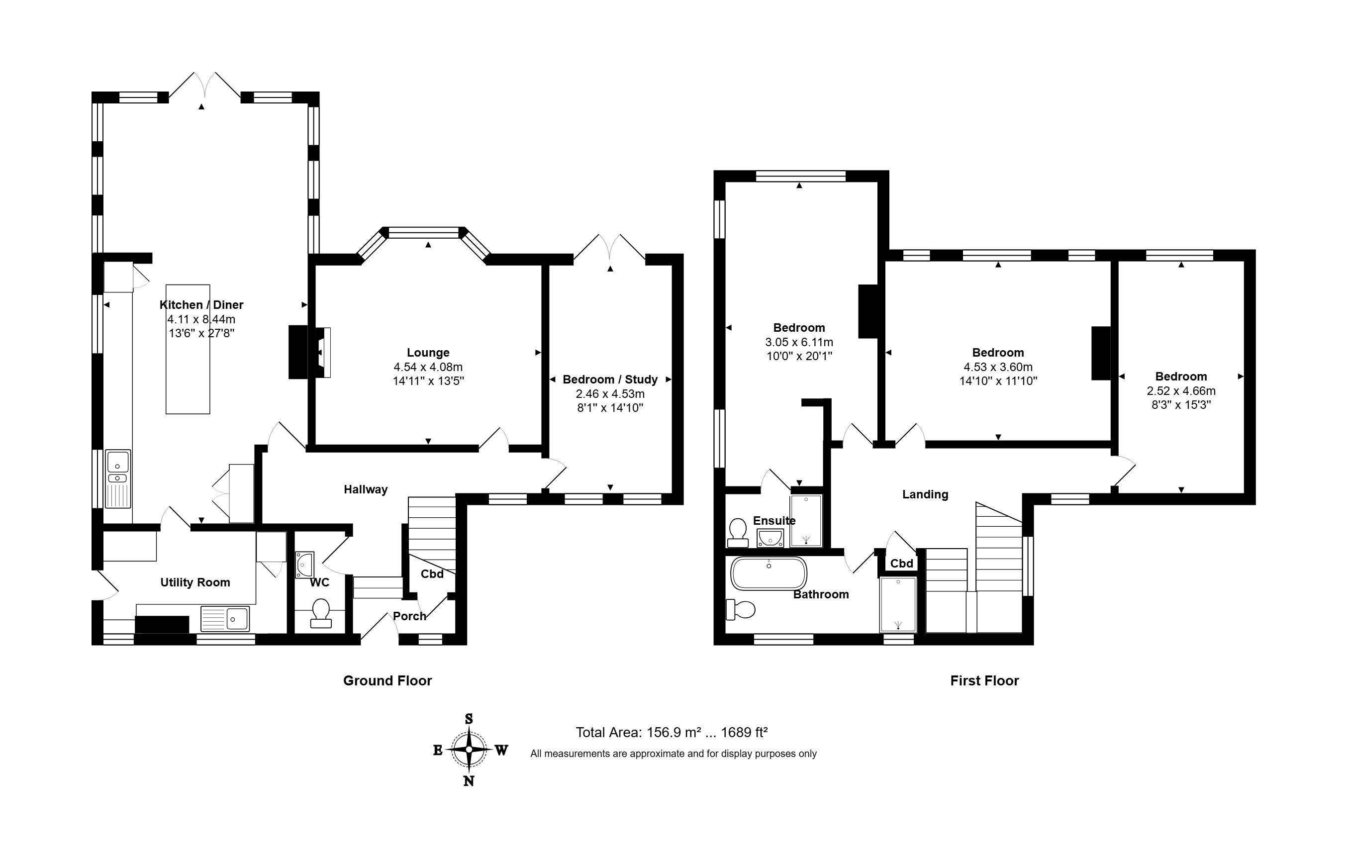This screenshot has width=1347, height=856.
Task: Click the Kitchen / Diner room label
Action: tap(201, 305)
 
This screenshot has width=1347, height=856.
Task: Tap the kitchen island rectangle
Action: tap(188, 350)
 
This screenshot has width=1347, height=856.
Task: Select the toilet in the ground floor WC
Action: tap(320, 613)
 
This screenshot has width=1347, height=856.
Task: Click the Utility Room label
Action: tap(195, 582)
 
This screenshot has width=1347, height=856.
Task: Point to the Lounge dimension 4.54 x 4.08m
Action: tap(428, 367)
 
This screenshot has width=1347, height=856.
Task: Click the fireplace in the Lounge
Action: tap(309, 353)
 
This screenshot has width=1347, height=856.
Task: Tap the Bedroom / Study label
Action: tap(610, 380)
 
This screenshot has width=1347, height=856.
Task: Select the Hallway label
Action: tap(366, 489)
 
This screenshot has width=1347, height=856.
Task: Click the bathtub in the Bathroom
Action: tap(769, 573)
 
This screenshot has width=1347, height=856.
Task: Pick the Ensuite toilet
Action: tap(738, 533)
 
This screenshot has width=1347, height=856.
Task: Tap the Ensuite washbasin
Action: tap(770, 538)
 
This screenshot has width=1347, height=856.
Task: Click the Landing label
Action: tap(925, 494)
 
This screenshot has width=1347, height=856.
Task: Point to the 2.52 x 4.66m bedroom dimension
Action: tap(1181, 390)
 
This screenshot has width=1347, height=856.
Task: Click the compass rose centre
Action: tap(469, 750)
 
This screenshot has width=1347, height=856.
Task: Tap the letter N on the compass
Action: tap(469, 781)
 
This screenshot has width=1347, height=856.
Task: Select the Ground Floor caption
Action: tap(387, 681)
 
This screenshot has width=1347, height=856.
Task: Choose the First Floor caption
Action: tap(984, 681)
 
